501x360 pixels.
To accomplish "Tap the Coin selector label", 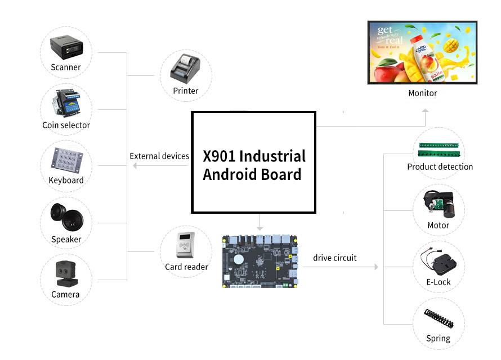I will pyautogui.click(x=66, y=125).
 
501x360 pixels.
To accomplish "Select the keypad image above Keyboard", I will pyautogui.click(x=66, y=160).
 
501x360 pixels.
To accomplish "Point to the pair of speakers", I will pyautogui.click(x=66, y=216).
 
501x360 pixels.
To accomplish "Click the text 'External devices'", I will pyautogui.click(x=159, y=156).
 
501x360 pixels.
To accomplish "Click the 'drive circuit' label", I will pyautogui.click(x=335, y=258).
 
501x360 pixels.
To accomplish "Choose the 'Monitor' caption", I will pyautogui.click(x=422, y=93).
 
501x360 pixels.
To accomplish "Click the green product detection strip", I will pyautogui.click(x=441, y=148).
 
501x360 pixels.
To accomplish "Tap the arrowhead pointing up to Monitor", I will pyautogui.click(x=426, y=112).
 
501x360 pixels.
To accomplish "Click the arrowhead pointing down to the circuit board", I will pyautogui.click(x=260, y=228).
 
